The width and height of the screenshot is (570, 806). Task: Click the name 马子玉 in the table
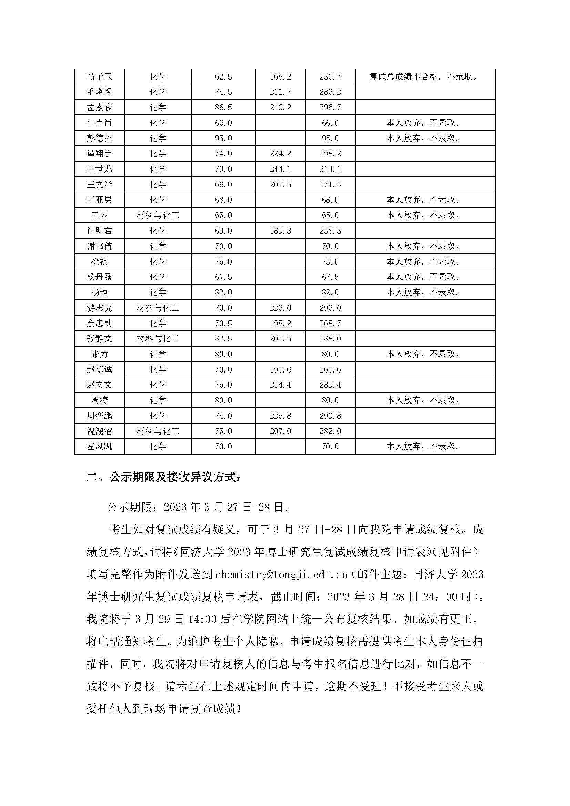click(99, 76)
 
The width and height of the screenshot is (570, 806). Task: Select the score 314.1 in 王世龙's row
click(330, 169)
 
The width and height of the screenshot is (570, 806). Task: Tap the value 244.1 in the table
click(280, 169)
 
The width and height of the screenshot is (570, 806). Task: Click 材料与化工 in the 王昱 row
click(157, 215)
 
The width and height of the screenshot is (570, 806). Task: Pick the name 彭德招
click(99, 138)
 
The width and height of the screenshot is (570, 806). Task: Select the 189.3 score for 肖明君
click(280, 231)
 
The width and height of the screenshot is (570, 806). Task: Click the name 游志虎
click(99, 308)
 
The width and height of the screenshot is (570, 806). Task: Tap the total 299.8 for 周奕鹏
click(330, 416)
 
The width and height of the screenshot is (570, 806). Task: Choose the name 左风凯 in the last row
click(99, 447)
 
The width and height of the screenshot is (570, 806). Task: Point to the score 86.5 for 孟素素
click(223, 108)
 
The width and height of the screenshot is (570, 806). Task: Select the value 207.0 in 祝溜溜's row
click(280, 431)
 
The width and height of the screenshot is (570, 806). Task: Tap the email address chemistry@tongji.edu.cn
click(281, 575)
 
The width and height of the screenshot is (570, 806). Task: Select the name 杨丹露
click(99, 277)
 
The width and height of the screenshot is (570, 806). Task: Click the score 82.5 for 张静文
click(223, 339)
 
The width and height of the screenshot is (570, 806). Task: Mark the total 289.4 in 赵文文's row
click(330, 385)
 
